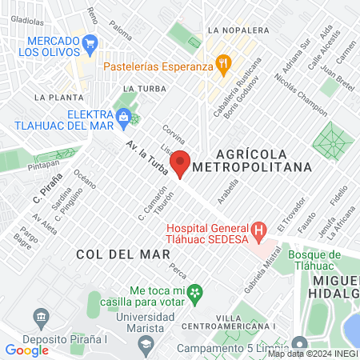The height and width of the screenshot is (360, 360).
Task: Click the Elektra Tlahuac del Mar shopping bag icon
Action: [122, 119]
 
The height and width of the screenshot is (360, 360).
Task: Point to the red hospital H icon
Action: [258, 232]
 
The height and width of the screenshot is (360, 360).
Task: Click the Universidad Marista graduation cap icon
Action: [146, 342]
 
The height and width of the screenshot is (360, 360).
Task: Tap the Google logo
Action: [26, 350]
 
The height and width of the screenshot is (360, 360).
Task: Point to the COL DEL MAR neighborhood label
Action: [123, 254]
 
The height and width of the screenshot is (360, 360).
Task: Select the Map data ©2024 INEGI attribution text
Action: [312, 354]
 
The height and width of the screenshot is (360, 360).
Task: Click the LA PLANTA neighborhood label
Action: [54, 96]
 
